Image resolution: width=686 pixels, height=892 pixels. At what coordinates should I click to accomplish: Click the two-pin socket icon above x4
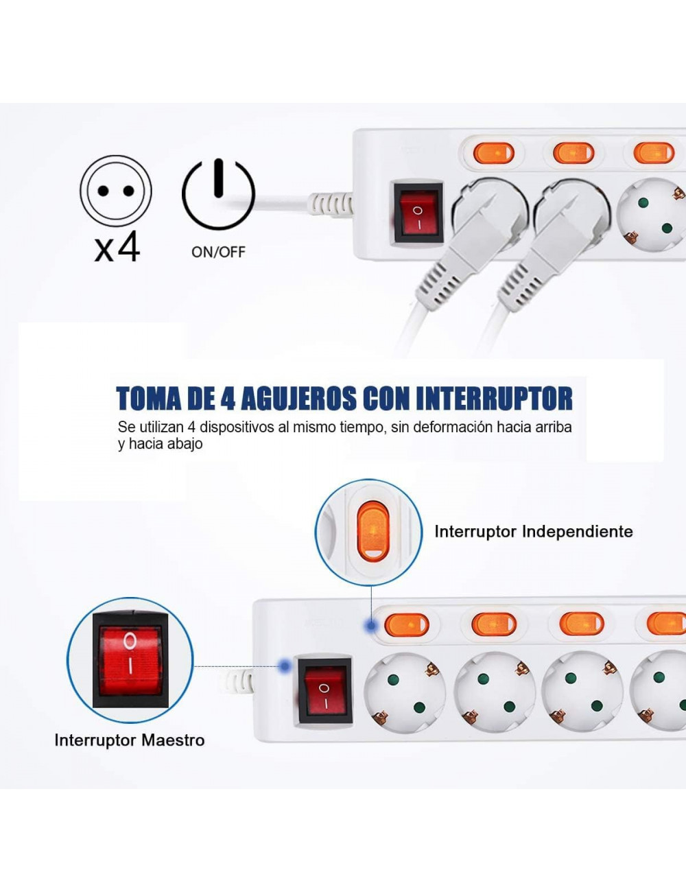pyautogui.click(x=115, y=191)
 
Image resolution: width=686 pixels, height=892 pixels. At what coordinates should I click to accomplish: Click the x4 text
pyautogui.click(x=117, y=247)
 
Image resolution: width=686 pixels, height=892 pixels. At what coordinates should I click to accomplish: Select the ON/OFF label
pyautogui.click(x=218, y=252)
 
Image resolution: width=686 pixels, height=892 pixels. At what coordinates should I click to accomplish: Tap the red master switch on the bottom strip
pyautogui.click(x=324, y=690)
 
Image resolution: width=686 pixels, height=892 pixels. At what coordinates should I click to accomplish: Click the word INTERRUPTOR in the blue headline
pyautogui.click(x=494, y=398)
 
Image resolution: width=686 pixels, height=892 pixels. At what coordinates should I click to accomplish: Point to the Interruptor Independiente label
pyautogui.click(x=533, y=531)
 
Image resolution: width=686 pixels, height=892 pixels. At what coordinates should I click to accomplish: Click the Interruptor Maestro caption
pyautogui.click(x=129, y=740)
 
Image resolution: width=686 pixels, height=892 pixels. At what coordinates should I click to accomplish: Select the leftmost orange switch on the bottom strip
pyautogui.click(x=407, y=624)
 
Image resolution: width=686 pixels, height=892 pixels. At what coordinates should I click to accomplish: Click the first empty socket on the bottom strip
pyautogui.click(x=405, y=690)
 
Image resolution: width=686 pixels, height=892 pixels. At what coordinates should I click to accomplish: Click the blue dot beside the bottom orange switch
pyautogui.click(x=370, y=626)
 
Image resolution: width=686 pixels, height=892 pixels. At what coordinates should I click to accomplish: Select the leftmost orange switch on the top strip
pyautogui.click(x=494, y=152)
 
